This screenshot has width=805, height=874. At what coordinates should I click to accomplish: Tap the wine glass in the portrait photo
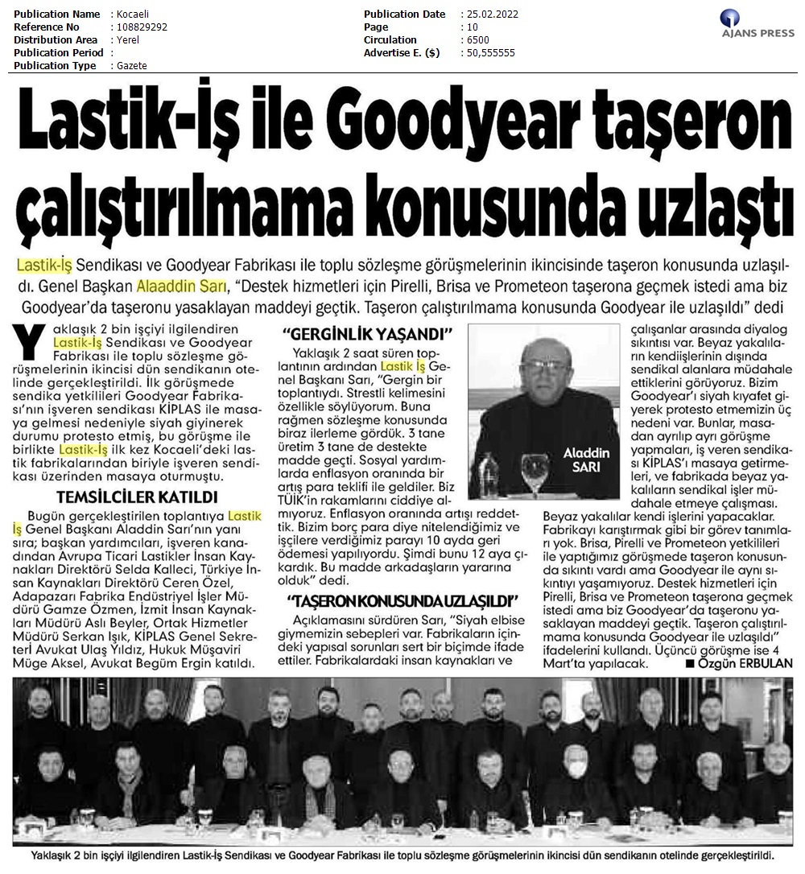[530, 468]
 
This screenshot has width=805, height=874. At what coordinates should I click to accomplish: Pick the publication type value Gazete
[132, 66]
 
